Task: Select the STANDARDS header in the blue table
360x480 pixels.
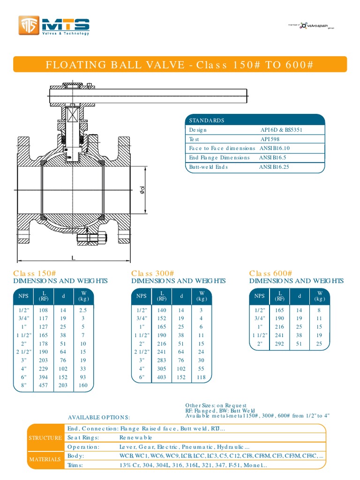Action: [207, 120]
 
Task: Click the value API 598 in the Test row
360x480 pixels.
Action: [271, 139]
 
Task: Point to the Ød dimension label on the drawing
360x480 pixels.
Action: [142, 190]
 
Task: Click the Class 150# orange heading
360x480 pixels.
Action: [35, 273]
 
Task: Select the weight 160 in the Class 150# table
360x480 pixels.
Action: [83, 386]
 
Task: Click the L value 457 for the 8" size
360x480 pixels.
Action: [44, 386]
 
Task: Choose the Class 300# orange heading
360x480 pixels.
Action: [153, 273]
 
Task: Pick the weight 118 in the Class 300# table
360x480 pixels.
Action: [202, 377]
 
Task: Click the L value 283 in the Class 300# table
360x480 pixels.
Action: [162, 360]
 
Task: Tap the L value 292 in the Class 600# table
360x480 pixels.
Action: [280, 344]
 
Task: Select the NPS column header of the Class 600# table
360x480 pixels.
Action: [259, 296]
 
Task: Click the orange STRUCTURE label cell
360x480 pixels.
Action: [45, 438]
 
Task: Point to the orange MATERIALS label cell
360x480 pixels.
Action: [45, 460]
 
